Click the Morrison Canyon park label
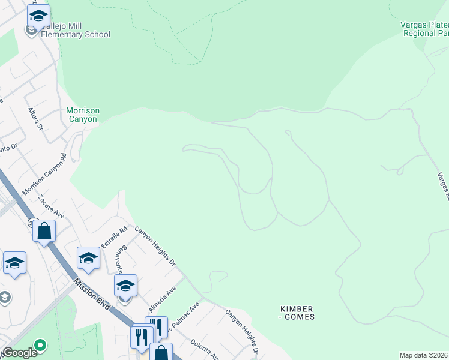pyautogui.click(x=83, y=115)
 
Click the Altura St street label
pyautogui.click(x=36, y=119)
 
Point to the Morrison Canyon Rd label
pyautogui.click(x=44, y=174)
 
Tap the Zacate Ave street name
pyautogui.click(x=51, y=206)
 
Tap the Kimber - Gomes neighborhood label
pyautogui.click(x=297, y=313)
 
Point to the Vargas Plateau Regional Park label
pyautogui.click(x=425, y=29)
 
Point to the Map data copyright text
pyautogui.click(x=424, y=355)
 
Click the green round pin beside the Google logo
pyautogui.click(x=40, y=345)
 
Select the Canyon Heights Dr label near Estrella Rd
pyautogui.click(x=155, y=245)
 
